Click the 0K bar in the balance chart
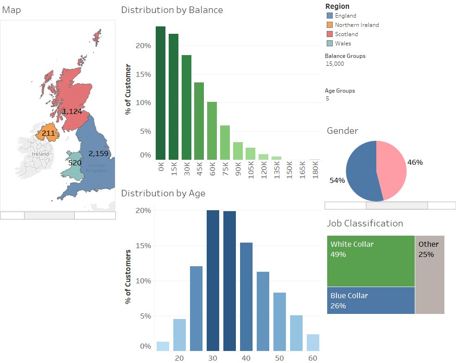(x=160, y=93)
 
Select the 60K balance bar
(x=212, y=131)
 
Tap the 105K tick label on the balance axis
(x=251, y=170)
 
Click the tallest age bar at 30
(x=213, y=281)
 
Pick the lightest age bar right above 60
(x=313, y=342)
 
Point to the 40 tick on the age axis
(x=246, y=358)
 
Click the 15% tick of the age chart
(x=143, y=245)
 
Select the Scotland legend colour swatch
(x=329, y=34)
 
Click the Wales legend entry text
(x=343, y=44)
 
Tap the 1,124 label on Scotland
(x=72, y=111)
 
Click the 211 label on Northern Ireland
(x=48, y=133)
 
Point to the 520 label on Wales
(x=75, y=163)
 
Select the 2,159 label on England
(x=98, y=153)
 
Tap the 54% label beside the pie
(x=337, y=181)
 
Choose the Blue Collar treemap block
(x=371, y=300)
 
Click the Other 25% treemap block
(x=430, y=275)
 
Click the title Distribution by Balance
(x=172, y=10)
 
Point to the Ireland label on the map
(x=40, y=154)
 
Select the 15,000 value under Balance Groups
(x=335, y=63)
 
